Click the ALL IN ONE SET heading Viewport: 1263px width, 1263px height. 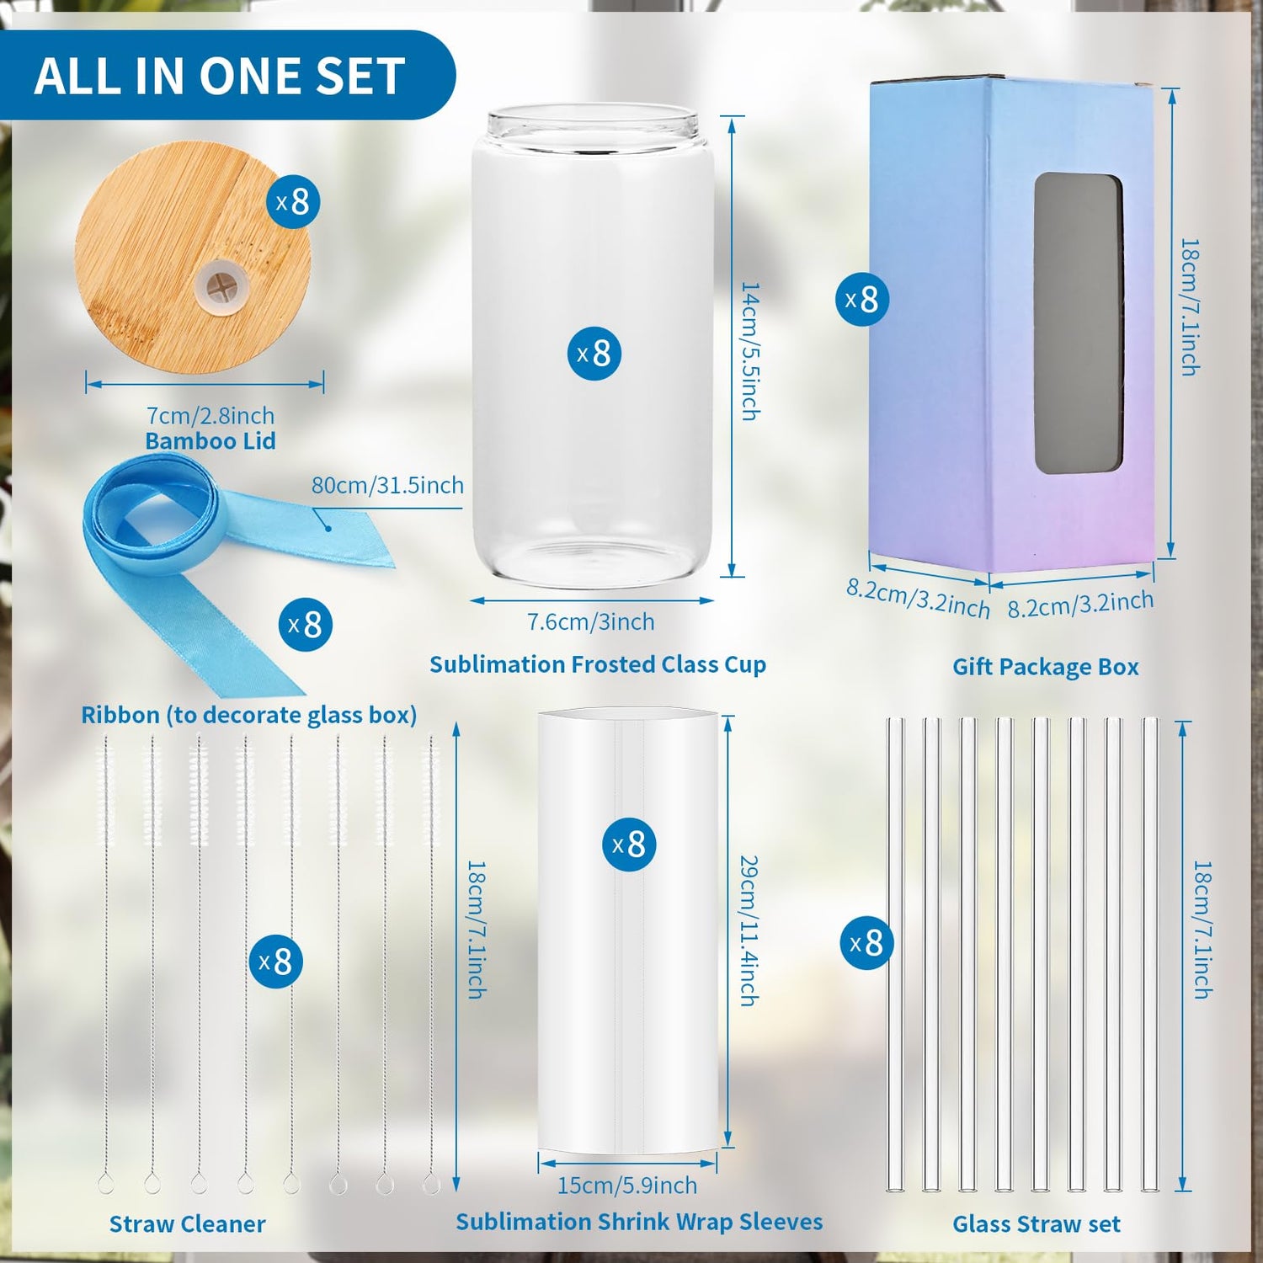220,76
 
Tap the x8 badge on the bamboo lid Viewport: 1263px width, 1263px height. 293,201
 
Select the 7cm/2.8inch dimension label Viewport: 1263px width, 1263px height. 210,415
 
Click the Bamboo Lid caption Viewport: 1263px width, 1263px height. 210,440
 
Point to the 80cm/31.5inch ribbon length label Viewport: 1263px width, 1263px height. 387,485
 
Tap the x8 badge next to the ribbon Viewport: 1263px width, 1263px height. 305,625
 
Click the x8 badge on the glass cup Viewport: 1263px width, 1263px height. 594,354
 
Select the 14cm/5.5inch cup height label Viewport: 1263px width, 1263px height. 749,351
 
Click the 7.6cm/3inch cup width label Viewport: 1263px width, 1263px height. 590,621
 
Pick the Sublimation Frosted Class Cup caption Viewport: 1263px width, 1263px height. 598,664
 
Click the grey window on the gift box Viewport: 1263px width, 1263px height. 1079,324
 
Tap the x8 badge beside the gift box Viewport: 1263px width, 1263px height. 862,299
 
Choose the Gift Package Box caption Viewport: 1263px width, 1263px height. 1046,667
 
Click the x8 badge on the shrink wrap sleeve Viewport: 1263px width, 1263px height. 629,845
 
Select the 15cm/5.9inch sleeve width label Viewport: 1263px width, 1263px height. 627,1186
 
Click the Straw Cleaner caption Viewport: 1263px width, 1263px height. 187,1224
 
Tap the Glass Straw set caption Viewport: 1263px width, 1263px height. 1037,1224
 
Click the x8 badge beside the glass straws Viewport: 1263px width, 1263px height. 867,943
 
